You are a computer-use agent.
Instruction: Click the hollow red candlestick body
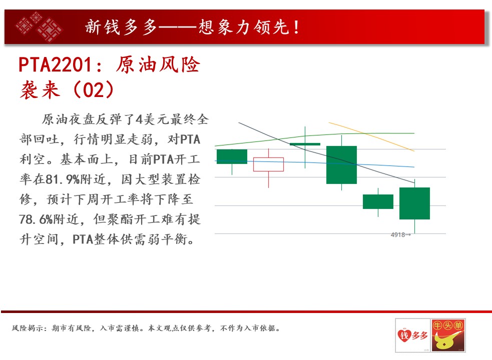click(x=268, y=164)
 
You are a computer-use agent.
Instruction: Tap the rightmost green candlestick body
click(x=414, y=203)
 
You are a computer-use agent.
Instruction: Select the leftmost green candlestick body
click(x=232, y=156)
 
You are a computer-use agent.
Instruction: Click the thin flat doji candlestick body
click(x=305, y=144)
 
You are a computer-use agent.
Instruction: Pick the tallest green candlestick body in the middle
click(x=341, y=165)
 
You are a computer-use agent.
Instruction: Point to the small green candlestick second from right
click(x=378, y=201)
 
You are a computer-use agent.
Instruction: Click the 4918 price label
click(x=397, y=234)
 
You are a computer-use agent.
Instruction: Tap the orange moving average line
click(x=371, y=136)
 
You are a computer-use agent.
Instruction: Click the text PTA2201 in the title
click(x=55, y=65)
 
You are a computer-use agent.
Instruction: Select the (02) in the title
click(x=93, y=90)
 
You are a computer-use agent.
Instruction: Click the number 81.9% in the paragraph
click(x=63, y=179)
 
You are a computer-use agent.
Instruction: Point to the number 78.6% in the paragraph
click(x=36, y=219)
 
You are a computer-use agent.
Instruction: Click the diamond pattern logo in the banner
click(x=39, y=27)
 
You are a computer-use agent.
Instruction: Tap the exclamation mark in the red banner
click(x=296, y=27)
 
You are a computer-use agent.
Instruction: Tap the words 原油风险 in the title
click(x=158, y=65)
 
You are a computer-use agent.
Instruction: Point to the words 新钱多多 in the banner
click(x=121, y=27)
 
